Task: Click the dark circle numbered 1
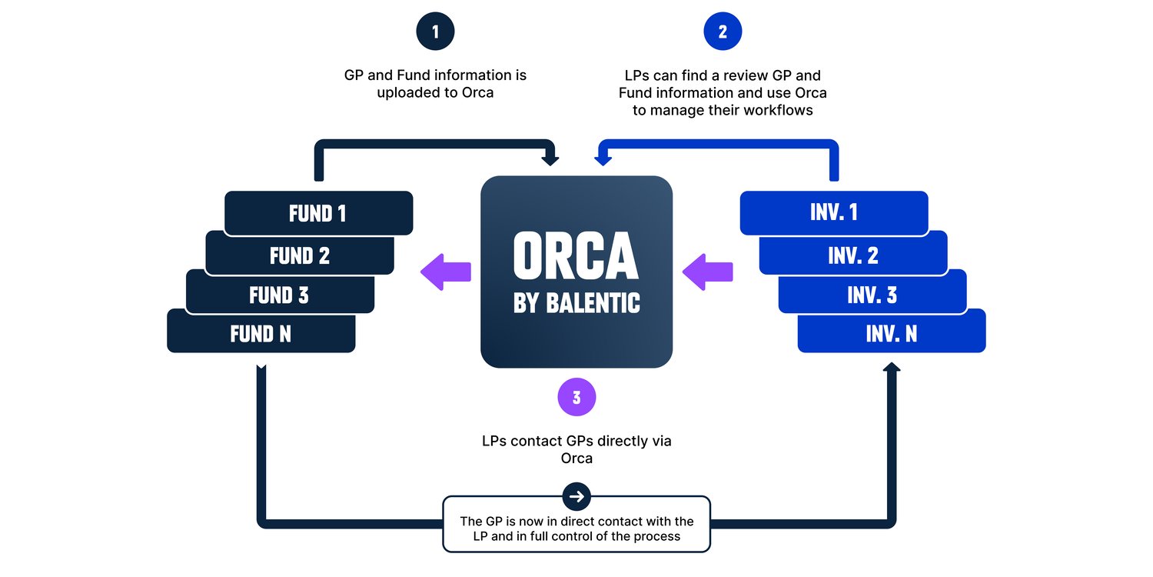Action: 435,32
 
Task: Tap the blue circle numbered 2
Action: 723,32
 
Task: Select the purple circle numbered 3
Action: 576,398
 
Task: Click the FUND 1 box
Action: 318,213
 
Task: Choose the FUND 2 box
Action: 299,255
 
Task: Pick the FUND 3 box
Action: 279,295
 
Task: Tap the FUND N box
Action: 261,333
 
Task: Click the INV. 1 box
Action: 834,213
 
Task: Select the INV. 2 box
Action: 853,255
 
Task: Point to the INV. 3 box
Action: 872,295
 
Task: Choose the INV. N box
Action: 892,333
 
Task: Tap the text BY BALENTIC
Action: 576,303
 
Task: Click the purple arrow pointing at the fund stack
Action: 446,272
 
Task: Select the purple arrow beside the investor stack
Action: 707,272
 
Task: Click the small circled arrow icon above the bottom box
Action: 576,496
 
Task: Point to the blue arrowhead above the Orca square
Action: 603,159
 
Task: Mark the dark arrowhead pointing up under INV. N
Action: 891,370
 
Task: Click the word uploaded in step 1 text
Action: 408,92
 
